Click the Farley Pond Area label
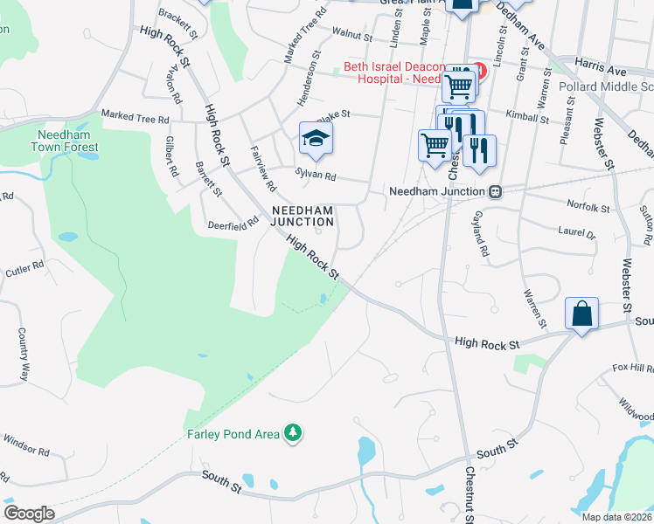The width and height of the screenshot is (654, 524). tap(233, 434)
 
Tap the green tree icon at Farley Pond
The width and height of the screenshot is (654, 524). tap(295, 433)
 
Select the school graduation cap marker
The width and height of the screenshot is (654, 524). tap(316, 138)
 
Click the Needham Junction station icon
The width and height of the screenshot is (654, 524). tap(495, 191)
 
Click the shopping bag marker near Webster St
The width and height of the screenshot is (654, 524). tap(581, 313)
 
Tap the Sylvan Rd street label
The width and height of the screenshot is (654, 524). tap(316, 176)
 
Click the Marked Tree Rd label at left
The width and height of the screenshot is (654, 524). tap(135, 117)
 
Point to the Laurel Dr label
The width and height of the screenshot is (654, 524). tap(576, 233)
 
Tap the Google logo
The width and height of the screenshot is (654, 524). tap(29, 513)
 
